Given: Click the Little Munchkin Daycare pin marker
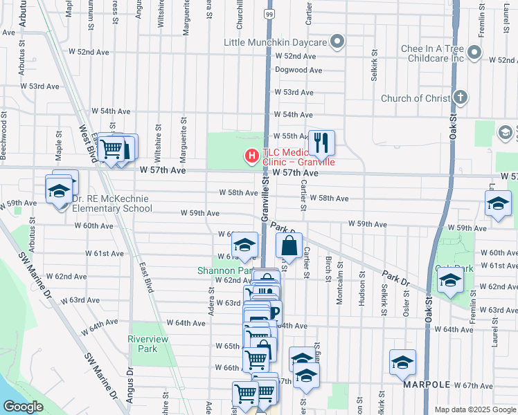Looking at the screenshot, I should tap(337, 43).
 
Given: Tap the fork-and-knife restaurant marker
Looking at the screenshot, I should tap(321, 143).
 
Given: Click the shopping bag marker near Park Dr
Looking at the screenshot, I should tap(289, 246).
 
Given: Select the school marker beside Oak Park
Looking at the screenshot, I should tap(450, 282).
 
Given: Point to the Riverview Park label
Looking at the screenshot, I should tap(143, 344).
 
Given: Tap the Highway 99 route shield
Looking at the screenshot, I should tap(269, 14).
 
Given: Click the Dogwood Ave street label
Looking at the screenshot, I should tap(298, 70).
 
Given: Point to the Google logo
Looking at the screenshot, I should tap(23, 407).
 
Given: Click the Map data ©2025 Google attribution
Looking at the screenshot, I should tap(474, 409).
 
